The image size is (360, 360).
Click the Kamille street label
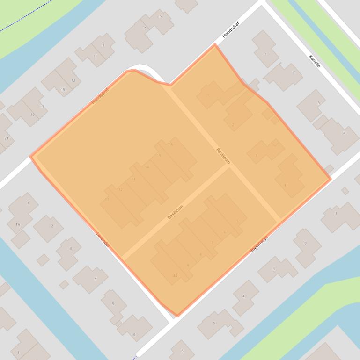coord(315,61)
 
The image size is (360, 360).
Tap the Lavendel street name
coord(103,239)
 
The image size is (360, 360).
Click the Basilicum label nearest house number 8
coord(175,212)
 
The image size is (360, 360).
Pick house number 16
coord(171,144)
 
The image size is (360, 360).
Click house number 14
coord(147,167)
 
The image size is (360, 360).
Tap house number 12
coord(120,189)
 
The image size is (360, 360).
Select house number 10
coord(176,275)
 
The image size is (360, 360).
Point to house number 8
coord(200,254)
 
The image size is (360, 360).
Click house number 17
coord(42,107)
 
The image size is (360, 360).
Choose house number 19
coord(32,115)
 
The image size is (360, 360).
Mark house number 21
coord(6,138)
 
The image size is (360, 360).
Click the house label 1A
coord(18,224)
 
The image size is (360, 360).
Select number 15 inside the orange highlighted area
coord(159,156)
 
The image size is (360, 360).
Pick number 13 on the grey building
coord(73,80)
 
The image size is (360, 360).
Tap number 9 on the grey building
coord(103,45)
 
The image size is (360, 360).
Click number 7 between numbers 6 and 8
coord(212,243)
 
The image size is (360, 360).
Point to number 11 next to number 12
coord(107,200)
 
